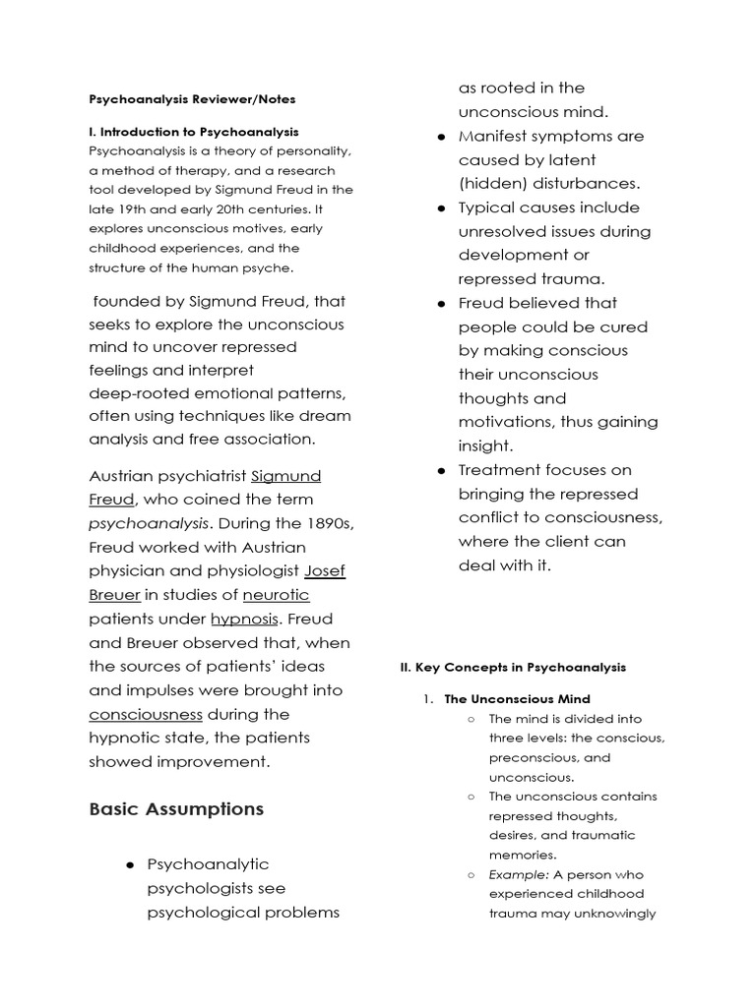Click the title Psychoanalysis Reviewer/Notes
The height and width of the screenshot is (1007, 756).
point(192,99)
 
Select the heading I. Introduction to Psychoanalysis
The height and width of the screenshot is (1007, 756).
point(194,131)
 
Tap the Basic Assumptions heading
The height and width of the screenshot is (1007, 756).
point(176,809)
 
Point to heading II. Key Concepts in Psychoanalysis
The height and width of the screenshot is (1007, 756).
point(512,667)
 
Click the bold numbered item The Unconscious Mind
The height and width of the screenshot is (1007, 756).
point(517,699)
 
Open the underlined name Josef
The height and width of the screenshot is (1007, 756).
point(325,571)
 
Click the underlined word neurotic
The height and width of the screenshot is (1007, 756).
point(277,595)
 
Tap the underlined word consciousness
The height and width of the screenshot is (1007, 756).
point(146,714)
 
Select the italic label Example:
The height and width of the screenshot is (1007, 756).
point(519,874)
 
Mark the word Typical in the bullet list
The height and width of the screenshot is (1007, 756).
point(487,207)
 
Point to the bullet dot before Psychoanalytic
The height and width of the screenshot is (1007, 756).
point(130,864)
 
